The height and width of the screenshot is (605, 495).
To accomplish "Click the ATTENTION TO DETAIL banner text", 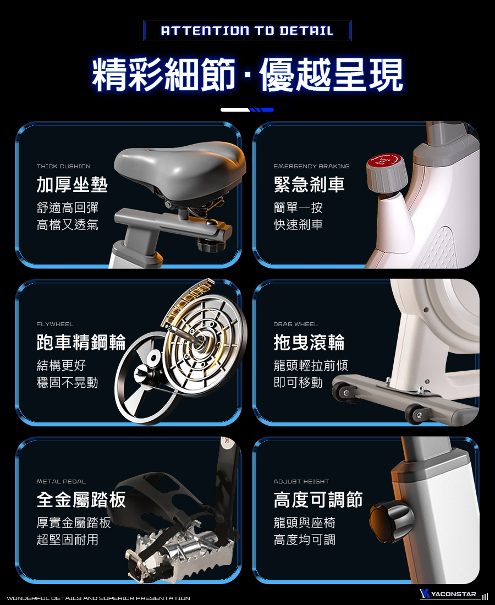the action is coord(247,30).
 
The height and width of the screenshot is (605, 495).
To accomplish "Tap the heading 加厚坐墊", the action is coord(72,184).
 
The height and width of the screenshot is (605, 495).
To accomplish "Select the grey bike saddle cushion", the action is coord(180,167).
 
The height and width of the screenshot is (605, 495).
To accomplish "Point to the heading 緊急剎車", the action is coord(309,184).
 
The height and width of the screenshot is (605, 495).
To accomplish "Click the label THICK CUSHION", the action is coord(64,166).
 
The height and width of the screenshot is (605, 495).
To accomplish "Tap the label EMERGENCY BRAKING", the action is coord(311,166).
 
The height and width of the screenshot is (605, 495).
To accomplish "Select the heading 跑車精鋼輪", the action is coord(81,342).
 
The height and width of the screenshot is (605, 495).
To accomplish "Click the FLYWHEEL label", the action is coord(55,324).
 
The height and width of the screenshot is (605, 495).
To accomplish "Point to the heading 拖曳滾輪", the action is coord(309,342).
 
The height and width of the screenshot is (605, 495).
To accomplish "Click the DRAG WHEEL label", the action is coord(295,324).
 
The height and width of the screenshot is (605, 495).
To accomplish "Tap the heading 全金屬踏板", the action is coord(81,499).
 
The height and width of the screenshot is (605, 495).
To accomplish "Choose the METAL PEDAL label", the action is coord(61,482).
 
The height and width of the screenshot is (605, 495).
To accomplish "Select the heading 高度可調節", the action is coord(318,499).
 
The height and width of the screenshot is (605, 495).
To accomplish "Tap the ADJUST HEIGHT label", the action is coord(301,482).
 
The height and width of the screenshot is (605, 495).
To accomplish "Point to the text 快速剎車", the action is coord(298,224).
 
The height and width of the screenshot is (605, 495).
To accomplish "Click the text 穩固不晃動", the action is coord(68,382).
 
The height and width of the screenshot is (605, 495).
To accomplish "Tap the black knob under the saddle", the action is coord(210,245).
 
